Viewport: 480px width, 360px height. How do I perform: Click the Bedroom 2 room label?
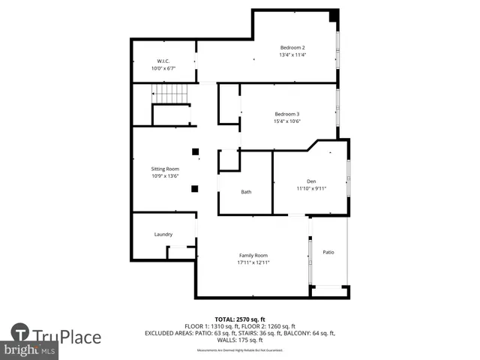(292, 46)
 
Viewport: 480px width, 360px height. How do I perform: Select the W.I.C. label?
(163, 61)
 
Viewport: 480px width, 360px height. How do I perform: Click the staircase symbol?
(170, 94)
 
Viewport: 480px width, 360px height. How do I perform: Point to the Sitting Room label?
(165, 169)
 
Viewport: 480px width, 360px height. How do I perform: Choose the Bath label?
(246, 192)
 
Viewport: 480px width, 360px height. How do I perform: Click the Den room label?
(311, 181)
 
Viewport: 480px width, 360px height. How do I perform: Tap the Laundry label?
(163, 235)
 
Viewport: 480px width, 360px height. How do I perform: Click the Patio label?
(328, 252)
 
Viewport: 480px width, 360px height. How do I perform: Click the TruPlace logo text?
(67, 336)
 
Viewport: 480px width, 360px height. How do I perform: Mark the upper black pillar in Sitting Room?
(195, 151)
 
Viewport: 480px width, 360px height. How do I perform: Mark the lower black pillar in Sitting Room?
(195, 189)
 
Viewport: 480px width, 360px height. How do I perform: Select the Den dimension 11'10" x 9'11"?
(311, 188)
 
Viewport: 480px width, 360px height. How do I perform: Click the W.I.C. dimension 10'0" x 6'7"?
(163, 68)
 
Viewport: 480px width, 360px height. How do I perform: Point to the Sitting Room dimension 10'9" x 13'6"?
(165, 177)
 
